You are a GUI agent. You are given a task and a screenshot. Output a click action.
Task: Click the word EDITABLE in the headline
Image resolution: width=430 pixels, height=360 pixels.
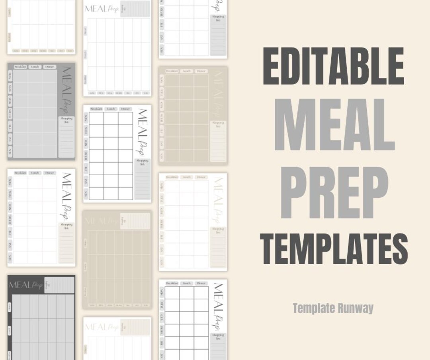[333, 66]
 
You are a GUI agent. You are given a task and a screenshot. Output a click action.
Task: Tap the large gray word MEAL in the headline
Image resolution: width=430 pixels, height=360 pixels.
[334, 124]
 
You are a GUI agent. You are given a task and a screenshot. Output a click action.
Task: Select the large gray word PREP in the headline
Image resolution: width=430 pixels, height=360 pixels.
[334, 193]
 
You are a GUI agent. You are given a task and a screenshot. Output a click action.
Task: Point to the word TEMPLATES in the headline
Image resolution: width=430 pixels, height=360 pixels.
[334, 249]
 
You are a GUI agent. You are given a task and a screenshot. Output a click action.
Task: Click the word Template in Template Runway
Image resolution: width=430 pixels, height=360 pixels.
[313, 308]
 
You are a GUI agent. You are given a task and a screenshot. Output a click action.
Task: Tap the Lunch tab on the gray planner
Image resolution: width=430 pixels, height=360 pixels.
[35, 67]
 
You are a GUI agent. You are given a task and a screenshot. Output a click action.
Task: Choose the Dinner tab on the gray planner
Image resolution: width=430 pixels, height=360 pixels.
[49, 67]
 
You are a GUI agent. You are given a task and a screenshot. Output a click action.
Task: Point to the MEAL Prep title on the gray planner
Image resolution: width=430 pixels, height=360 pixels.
[66, 90]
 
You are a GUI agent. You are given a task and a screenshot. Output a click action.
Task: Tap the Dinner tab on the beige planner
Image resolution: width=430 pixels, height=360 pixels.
[201, 71]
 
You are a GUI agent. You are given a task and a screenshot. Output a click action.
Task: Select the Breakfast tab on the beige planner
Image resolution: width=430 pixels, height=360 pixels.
[171, 71]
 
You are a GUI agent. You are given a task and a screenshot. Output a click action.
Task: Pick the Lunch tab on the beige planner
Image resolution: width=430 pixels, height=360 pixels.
[186, 71]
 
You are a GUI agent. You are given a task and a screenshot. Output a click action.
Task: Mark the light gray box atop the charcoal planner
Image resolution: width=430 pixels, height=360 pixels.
[59, 285]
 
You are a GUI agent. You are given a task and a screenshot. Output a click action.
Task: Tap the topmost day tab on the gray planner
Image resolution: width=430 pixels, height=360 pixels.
[10, 76]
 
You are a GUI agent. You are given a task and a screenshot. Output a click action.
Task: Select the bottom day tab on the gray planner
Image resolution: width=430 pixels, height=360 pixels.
[10, 151]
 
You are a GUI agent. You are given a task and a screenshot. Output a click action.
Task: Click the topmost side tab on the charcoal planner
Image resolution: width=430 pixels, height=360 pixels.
[10, 307]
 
